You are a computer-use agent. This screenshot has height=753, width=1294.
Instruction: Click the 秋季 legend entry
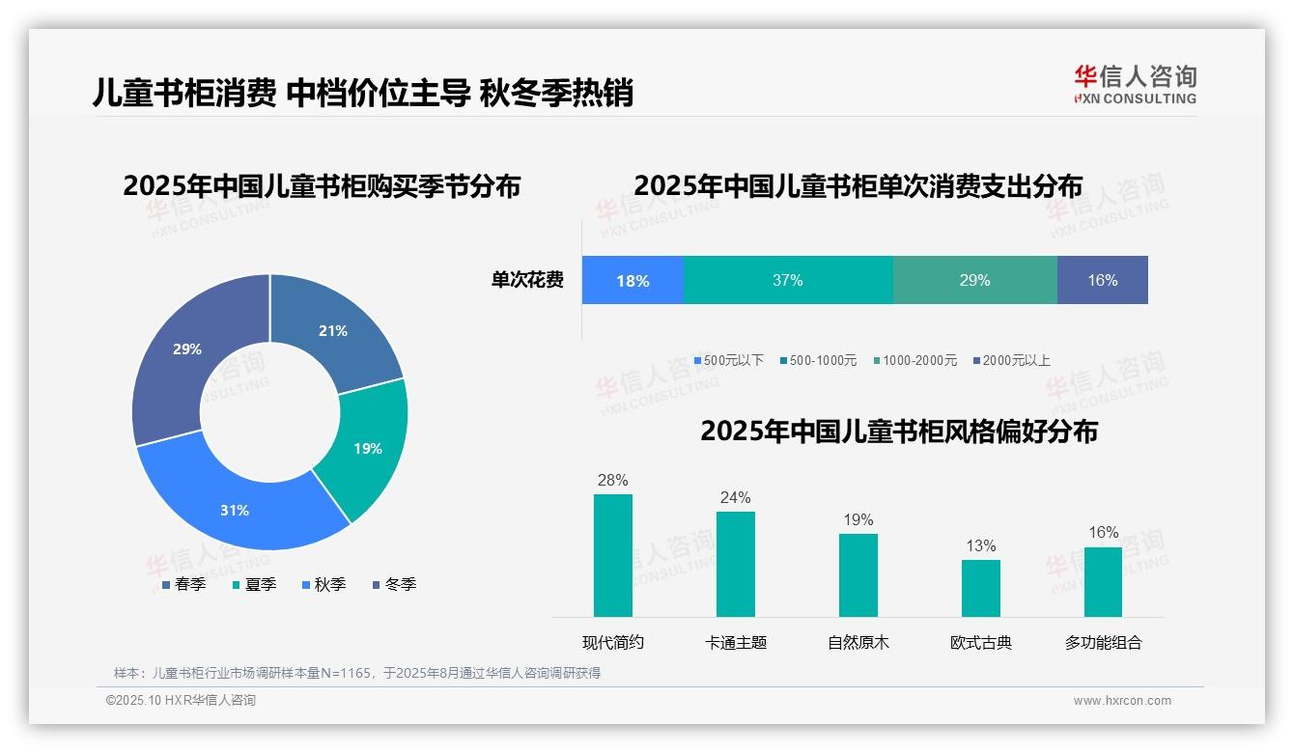tap(323, 584)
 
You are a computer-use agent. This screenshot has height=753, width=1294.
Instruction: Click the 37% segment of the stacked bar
tap(788, 280)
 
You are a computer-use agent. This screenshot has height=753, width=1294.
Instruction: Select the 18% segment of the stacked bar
tap(633, 281)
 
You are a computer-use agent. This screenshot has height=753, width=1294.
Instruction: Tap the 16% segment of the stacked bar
tap(1102, 280)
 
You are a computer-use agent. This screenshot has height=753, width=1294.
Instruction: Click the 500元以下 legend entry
tap(728, 360)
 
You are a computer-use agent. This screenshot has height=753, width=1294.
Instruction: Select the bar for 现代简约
tap(613, 555)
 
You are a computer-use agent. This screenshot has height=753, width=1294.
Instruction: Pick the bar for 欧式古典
tap(980, 588)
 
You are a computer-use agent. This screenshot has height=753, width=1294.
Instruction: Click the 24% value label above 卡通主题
tap(735, 498)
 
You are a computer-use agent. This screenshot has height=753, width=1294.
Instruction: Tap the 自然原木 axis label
tap(858, 642)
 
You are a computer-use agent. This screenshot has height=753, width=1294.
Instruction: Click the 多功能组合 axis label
tap(1103, 642)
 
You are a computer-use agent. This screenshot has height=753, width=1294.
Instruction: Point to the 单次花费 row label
tap(527, 280)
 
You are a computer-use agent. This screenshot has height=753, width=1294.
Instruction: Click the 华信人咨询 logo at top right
tap(1135, 85)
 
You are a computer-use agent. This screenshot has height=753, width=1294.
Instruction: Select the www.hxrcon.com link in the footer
tap(1122, 701)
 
